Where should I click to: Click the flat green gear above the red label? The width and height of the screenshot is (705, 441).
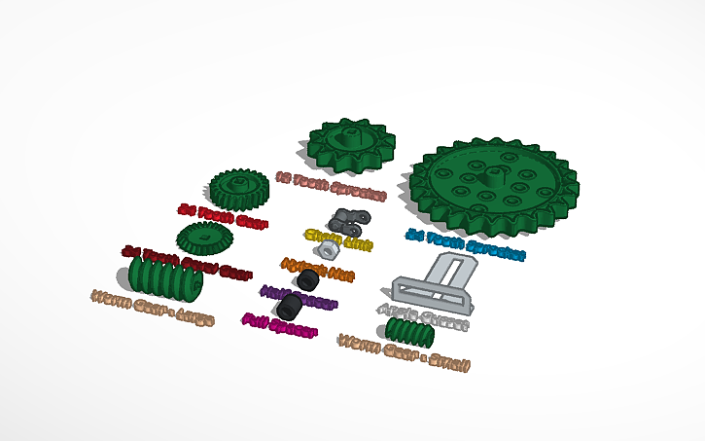tap(238, 187)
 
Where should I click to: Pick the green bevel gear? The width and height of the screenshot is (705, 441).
tap(204, 236)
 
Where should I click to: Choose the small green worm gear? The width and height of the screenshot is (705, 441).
tap(407, 333)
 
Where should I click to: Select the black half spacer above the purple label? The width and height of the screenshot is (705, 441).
tap(308, 280)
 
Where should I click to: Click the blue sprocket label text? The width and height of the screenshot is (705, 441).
tap(465, 245)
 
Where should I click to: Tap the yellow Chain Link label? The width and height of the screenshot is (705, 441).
tap(338, 239)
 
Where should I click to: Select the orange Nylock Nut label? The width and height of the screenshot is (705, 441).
tap(318, 269)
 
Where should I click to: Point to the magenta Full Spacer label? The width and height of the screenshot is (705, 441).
tap(280, 326)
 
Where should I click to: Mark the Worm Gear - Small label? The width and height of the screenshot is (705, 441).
tap(404, 353)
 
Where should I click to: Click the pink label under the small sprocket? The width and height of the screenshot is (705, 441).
tap(331, 187)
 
